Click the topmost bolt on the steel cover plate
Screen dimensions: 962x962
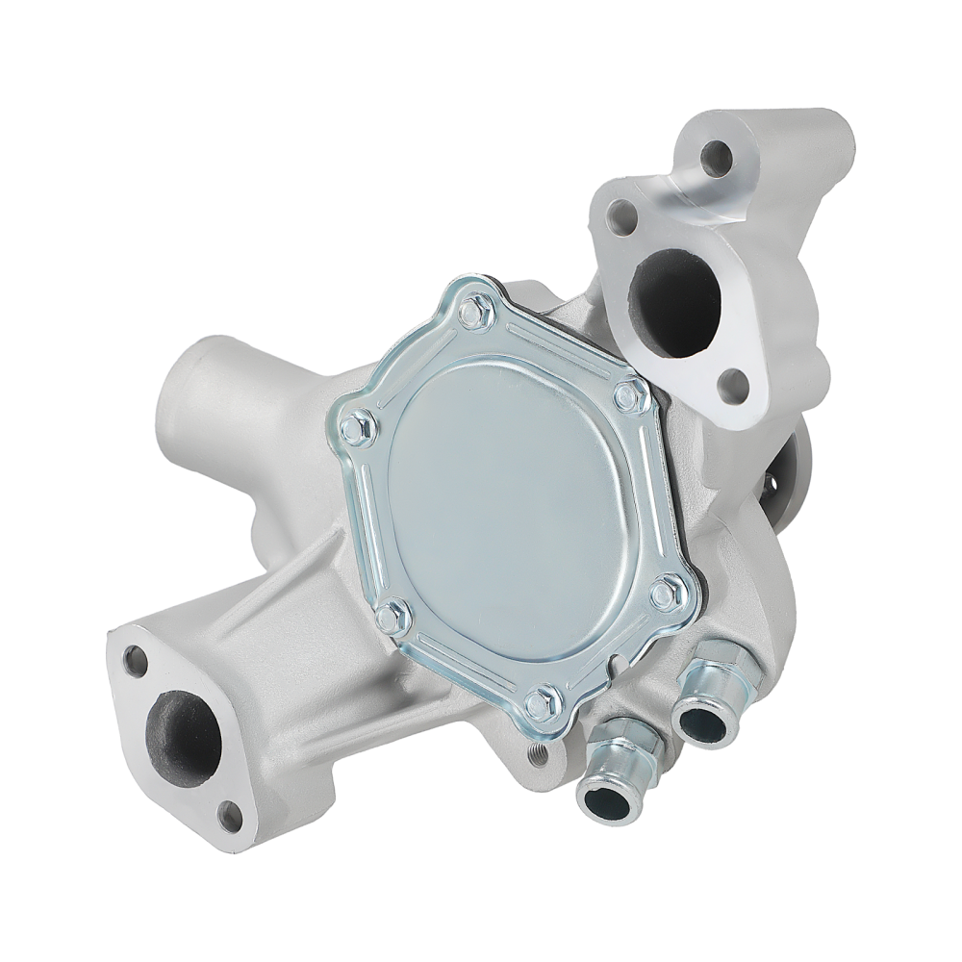(x=474, y=311)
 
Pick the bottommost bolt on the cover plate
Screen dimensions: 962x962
(x=544, y=701)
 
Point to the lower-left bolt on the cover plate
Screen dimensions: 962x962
(x=392, y=617)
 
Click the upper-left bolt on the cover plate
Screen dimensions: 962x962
(x=357, y=426)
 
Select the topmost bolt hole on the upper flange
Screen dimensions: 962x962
(x=717, y=158)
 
